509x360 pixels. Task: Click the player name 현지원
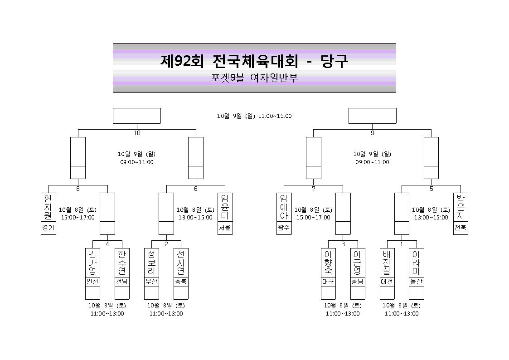pyautogui.click(x=48, y=207)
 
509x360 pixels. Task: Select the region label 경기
pyautogui.click(x=48, y=228)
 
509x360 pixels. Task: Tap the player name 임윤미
pyautogui.click(x=225, y=207)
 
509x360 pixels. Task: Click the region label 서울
pyautogui.click(x=225, y=228)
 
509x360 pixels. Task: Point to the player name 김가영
pyautogui.click(x=92, y=262)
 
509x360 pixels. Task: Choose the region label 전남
pyautogui.click(x=122, y=282)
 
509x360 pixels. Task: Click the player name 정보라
pyautogui.click(x=151, y=262)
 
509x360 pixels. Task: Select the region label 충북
pyautogui.click(x=181, y=282)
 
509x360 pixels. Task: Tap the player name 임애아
pyautogui.click(x=284, y=207)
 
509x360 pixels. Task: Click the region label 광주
pyautogui.click(x=284, y=228)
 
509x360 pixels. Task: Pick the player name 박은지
pyautogui.click(x=461, y=207)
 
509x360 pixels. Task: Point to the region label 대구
pyautogui.click(x=328, y=282)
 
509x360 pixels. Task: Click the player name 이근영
pyautogui.click(x=358, y=262)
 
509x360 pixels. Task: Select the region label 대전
pyautogui.click(x=387, y=282)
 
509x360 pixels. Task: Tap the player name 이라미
pyautogui.click(x=416, y=262)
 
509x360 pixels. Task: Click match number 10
pyautogui.click(x=137, y=133)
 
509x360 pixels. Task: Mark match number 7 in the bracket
pyautogui.click(x=314, y=189)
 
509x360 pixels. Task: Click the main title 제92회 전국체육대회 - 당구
pyautogui.click(x=255, y=61)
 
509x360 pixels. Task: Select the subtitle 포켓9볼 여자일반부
pyautogui.click(x=255, y=78)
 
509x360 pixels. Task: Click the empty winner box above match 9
pyautogui.click(x=372, y=116)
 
